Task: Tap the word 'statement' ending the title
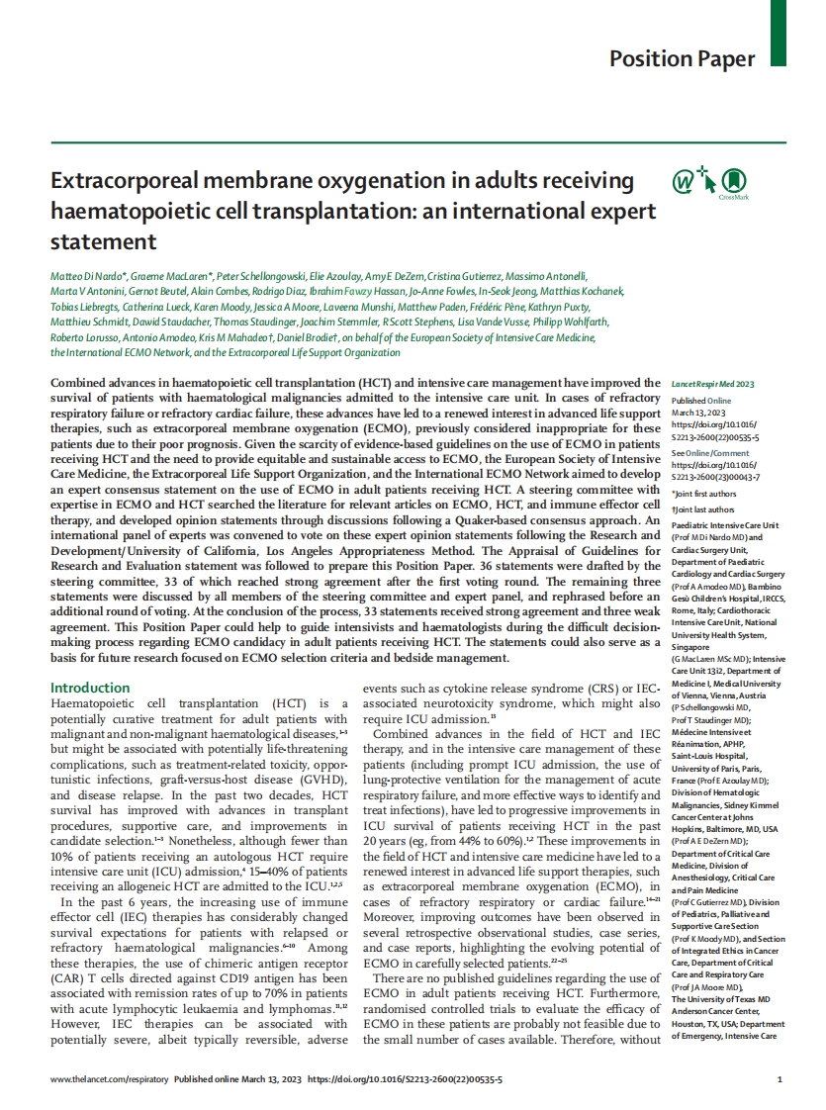104,241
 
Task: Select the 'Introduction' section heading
90,688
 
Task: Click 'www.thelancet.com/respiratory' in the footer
109,1080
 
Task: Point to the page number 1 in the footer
780,1080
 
